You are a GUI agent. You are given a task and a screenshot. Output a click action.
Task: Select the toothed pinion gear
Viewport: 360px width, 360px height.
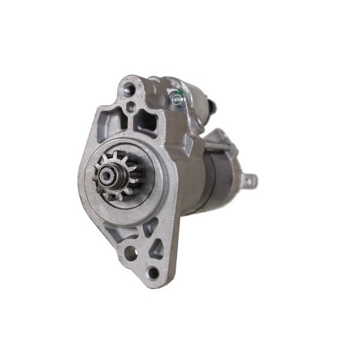116,174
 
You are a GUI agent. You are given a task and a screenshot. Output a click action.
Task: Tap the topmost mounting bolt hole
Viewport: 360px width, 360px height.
128,90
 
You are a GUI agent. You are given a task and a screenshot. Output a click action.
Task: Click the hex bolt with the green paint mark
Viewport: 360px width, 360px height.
176,98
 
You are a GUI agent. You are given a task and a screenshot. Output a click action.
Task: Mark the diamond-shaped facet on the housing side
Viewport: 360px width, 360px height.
187,145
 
